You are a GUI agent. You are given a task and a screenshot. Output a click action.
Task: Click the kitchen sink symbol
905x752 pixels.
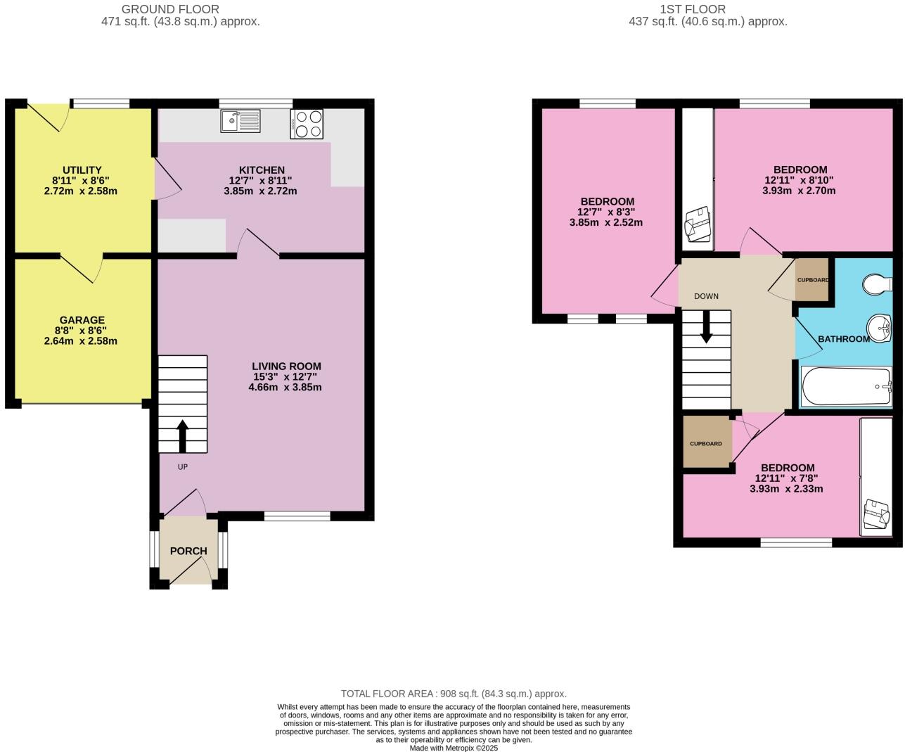(240, 121)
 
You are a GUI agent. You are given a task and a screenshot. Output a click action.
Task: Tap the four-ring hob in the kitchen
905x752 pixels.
(307, 124)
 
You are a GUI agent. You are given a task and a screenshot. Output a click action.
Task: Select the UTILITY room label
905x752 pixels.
(82, 170)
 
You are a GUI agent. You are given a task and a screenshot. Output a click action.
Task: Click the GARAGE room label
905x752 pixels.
(82, 320)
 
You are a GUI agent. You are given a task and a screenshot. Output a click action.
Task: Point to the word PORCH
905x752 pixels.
(188, 551)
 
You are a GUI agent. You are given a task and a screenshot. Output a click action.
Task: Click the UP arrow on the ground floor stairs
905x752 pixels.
(182, 435)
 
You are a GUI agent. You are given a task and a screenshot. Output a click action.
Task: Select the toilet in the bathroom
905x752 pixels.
(875, 285)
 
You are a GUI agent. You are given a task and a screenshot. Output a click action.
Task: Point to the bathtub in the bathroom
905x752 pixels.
(846, 387)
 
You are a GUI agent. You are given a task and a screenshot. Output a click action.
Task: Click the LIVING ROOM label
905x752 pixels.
(286, 366)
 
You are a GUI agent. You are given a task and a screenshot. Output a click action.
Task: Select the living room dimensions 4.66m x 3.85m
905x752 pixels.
(285, 387)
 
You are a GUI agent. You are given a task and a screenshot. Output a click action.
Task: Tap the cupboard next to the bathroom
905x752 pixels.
(812, 280)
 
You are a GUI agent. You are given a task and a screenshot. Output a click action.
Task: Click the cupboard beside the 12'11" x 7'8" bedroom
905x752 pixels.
(706, 442)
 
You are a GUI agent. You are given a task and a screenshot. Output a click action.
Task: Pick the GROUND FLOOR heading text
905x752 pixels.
(170, 9)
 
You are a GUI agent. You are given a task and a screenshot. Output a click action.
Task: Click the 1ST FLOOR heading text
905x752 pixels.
(692, 9)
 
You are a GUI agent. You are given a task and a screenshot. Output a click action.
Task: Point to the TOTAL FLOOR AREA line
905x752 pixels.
(454, 694)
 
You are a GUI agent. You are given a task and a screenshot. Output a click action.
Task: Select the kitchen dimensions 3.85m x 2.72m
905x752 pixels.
(260, 191)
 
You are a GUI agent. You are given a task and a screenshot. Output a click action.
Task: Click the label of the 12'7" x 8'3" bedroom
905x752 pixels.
(605, 202)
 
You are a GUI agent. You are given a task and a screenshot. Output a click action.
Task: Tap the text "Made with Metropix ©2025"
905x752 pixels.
(454, 748)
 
